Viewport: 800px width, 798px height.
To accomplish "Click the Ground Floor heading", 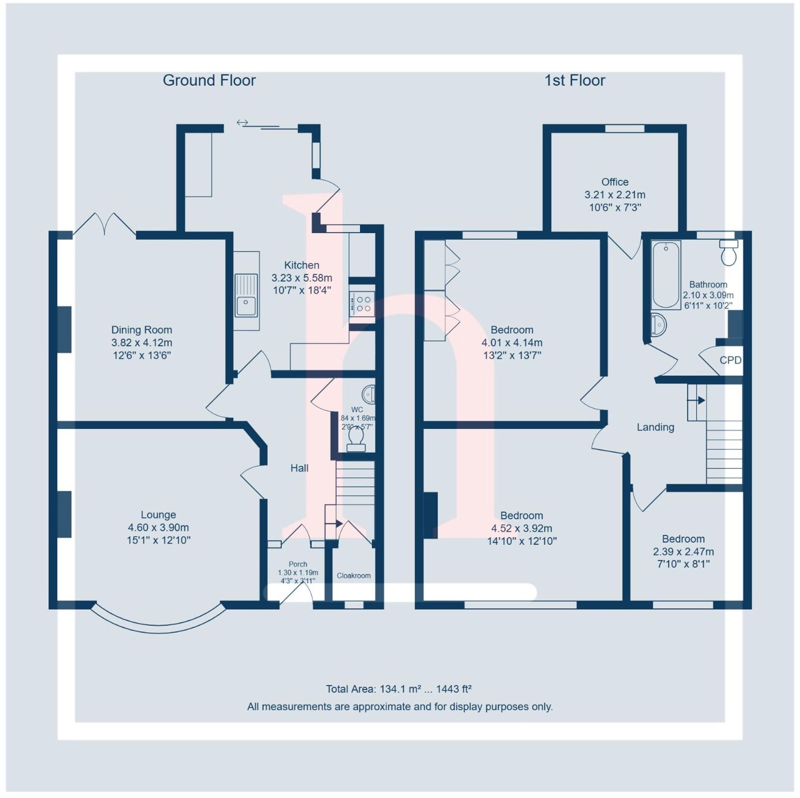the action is pos(209,80).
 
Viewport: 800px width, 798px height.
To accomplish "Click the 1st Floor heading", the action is pos(575,80).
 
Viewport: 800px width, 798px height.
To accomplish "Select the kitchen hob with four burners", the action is pos(362,304).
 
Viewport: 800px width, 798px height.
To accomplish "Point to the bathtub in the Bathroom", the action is pos(666,275).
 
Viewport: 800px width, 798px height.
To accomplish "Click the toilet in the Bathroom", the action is pos(729,252).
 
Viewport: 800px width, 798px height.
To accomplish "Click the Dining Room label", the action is pos(142,330).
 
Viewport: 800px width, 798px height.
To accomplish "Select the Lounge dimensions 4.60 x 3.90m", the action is pos(158,528).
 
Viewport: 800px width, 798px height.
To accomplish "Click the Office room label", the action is pos(615,182).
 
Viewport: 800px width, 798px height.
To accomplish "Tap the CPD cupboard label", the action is pos(730,360).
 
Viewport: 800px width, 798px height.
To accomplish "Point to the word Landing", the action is pos(655,427).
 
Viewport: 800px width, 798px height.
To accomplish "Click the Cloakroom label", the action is pos(354,576).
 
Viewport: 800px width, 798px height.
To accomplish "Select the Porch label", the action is pos(298,564).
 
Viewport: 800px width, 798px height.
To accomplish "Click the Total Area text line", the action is pos(399,689).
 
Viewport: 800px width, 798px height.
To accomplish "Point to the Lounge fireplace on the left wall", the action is pos(64,515).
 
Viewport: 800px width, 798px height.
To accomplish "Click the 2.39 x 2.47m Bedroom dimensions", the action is pos(683,552).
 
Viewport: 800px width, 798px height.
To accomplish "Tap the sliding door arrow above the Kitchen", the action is pos(242,123).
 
